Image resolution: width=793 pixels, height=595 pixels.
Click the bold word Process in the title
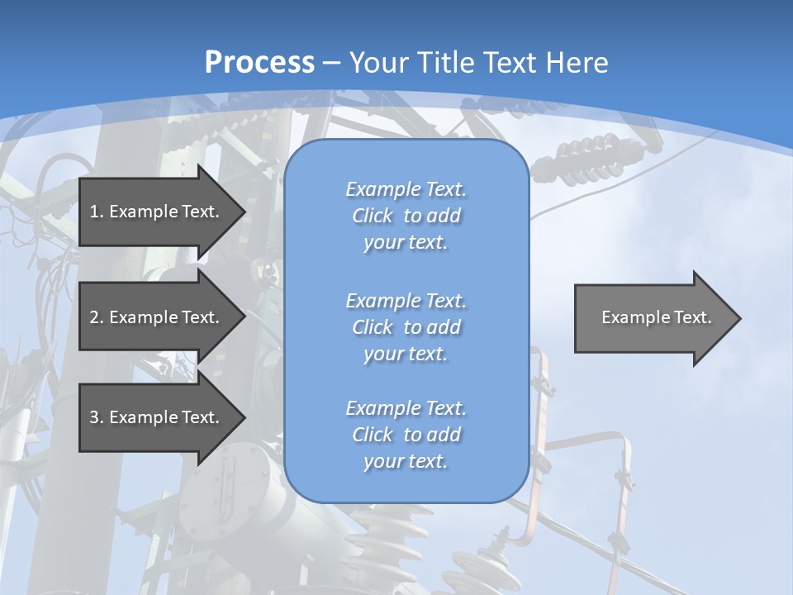259,63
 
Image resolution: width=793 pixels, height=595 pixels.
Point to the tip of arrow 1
244,212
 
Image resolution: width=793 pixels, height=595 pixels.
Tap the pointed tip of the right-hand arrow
739,318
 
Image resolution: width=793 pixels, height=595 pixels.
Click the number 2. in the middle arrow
96,317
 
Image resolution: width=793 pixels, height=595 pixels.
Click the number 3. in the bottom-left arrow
96,417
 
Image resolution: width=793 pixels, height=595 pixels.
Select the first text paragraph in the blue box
406,216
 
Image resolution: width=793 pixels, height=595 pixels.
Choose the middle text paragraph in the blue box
406,327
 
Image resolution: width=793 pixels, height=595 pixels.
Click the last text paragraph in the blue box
406,435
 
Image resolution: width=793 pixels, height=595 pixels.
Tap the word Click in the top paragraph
373,216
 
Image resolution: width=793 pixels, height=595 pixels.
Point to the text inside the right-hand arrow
656,317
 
